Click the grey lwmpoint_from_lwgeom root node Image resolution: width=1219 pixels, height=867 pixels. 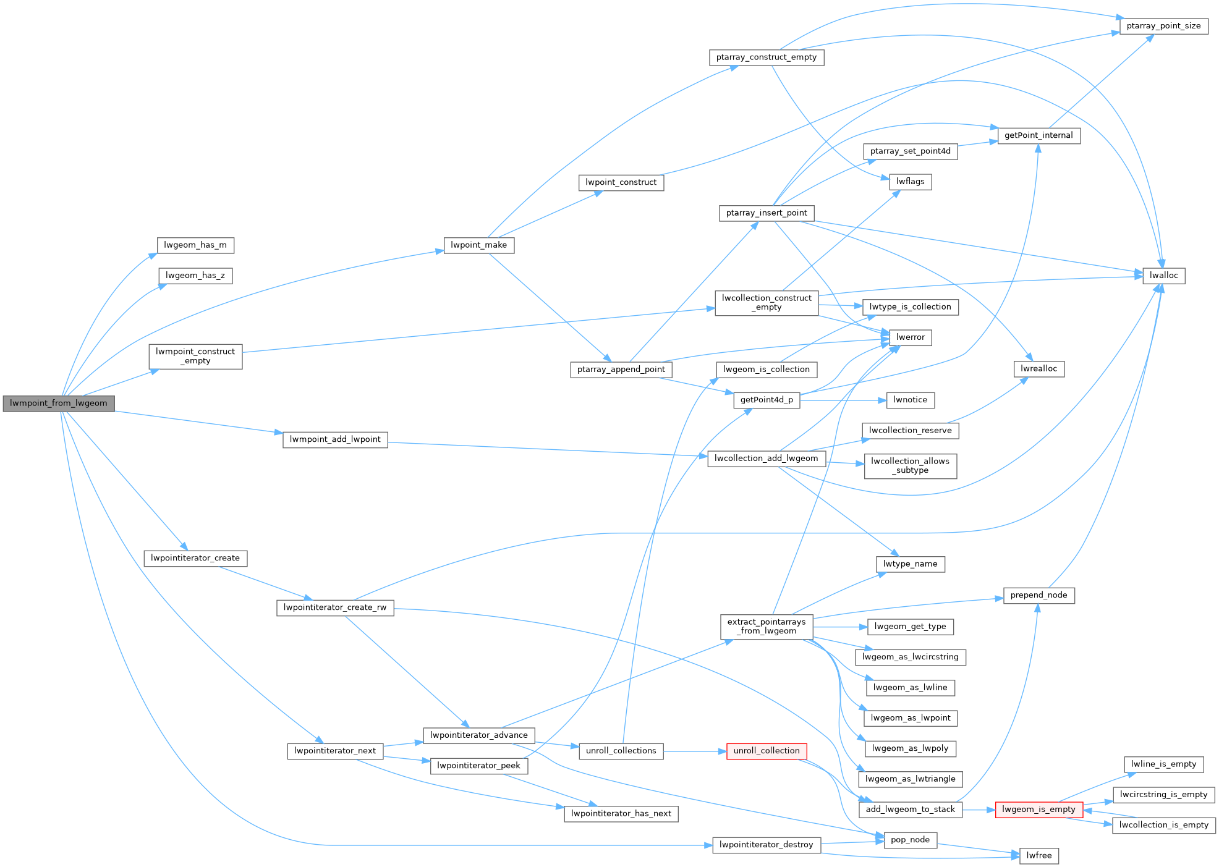[x=59, y=404]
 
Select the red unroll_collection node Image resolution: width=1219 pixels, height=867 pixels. [x=767, y=751]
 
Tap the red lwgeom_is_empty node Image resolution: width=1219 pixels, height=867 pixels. [x=1038, y=810]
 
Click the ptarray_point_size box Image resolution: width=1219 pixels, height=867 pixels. [x=1163, y=26]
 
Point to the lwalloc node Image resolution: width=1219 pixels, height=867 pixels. [x=1163, y=276]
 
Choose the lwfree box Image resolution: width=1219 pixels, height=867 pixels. [x=1038, y=856]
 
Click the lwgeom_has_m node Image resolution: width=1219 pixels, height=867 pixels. [x=195, y=245]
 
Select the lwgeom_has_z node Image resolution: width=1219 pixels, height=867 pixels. [x=195, y=276]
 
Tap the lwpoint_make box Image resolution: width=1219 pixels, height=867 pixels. [x=478, y=245]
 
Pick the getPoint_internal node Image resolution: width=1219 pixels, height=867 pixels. [x=1038, y=135]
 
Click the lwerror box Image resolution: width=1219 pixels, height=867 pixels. [x=911, y=337]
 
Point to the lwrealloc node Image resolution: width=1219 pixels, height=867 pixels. [x=1038, y=369]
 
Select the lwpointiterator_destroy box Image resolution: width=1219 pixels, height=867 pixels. [x=767, y=845]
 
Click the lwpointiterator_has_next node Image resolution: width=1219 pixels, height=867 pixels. [x=621, y=814]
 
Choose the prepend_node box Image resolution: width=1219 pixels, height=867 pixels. [x=1038, y=595]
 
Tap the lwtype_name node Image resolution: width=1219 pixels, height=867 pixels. [x=910, y=564]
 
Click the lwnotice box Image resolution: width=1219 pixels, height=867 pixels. [x=910, y=400]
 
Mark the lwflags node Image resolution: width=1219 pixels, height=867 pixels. [x=910, y=182]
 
